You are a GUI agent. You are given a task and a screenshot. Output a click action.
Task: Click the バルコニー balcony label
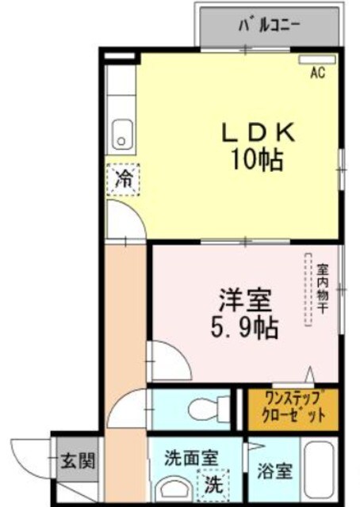[269, 25]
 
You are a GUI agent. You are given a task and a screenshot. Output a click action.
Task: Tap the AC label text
[317, 74]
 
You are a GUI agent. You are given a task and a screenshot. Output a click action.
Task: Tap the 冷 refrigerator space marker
[123, 178]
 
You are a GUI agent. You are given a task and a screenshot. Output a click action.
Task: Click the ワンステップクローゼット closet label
[292, 407]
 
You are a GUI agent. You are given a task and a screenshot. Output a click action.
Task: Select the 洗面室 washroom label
[190, 457]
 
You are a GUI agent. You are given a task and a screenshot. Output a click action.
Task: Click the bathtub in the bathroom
[322, 473]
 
